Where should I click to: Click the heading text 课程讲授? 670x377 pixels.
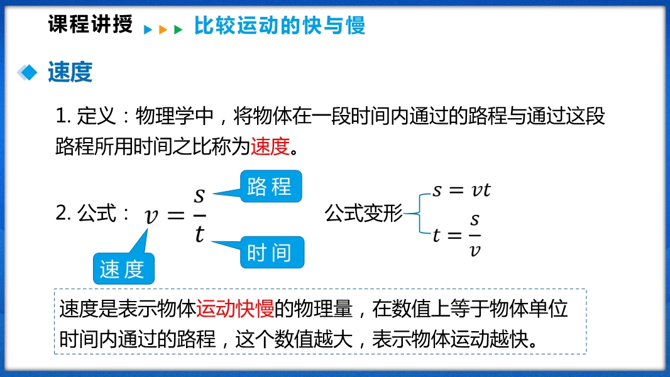(x=90, y=24)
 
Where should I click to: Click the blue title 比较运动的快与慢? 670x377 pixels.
(x=280, y=25)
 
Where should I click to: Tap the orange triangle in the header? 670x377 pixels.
(x=163, y=30)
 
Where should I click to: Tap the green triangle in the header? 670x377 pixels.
(x=178, y=30)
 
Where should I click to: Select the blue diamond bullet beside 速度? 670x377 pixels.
(x=28, y=72)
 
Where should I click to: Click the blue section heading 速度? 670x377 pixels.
(x=70, y=72)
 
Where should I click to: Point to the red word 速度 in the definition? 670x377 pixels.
(x=270, y=146)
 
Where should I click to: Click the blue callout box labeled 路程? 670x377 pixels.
(x=271, y=186)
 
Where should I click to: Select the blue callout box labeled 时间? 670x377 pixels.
(x=272, y=253)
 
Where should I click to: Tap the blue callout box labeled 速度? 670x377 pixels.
(x=123, y=269)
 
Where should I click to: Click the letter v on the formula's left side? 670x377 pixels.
(x=151, y=216)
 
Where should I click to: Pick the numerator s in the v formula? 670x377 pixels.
(x=199, y=195)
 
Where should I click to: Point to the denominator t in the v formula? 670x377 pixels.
(x=199, y=234)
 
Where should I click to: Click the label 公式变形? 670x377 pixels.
(x=364, y=213)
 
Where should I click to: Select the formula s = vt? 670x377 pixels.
(x=461, y=190)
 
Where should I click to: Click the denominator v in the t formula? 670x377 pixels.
(x=475, y=250)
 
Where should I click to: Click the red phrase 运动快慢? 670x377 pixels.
(x=235, y=309)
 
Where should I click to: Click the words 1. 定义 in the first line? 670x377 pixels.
(x=86, y=116)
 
